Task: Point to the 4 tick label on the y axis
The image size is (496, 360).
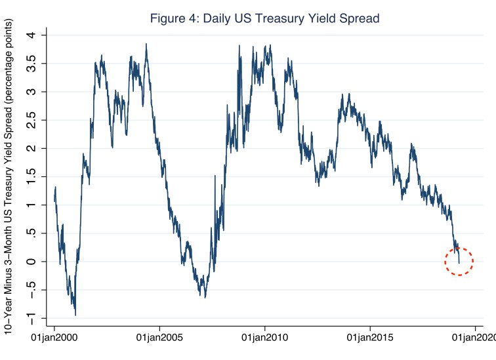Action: tap(32, 35)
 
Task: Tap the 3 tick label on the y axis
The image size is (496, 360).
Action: tap(32, 92)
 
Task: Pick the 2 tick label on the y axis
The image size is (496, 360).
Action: tap(32, 148)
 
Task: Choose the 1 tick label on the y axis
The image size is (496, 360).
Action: tap(32, 205)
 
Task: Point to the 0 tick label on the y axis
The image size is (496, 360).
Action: tap(32, 262)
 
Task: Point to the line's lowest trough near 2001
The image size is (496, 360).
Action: tap(75, 314)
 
